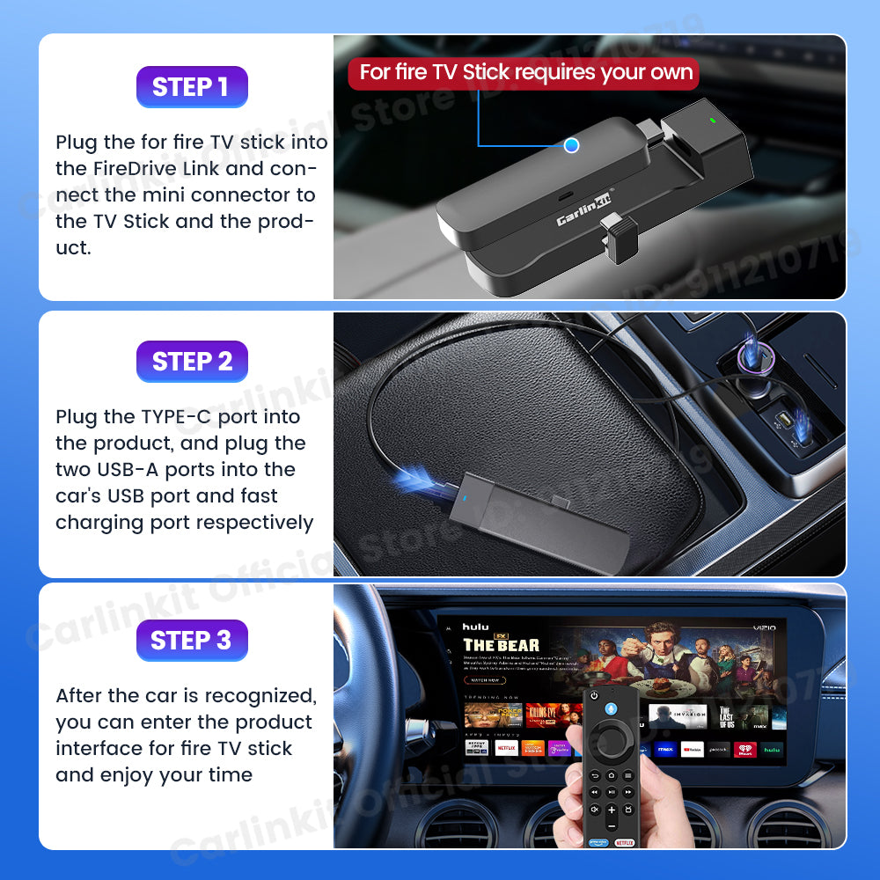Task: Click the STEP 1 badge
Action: (191, 87)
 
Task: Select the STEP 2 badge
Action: (192, 362)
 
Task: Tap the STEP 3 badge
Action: (191, 641)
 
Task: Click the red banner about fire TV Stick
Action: (524, 72)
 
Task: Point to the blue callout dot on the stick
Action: (571, 145)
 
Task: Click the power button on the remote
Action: (594, 695)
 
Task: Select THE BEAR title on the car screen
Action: (501, 646)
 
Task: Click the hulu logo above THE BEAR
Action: (475, 627)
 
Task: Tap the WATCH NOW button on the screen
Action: (486, 680)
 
